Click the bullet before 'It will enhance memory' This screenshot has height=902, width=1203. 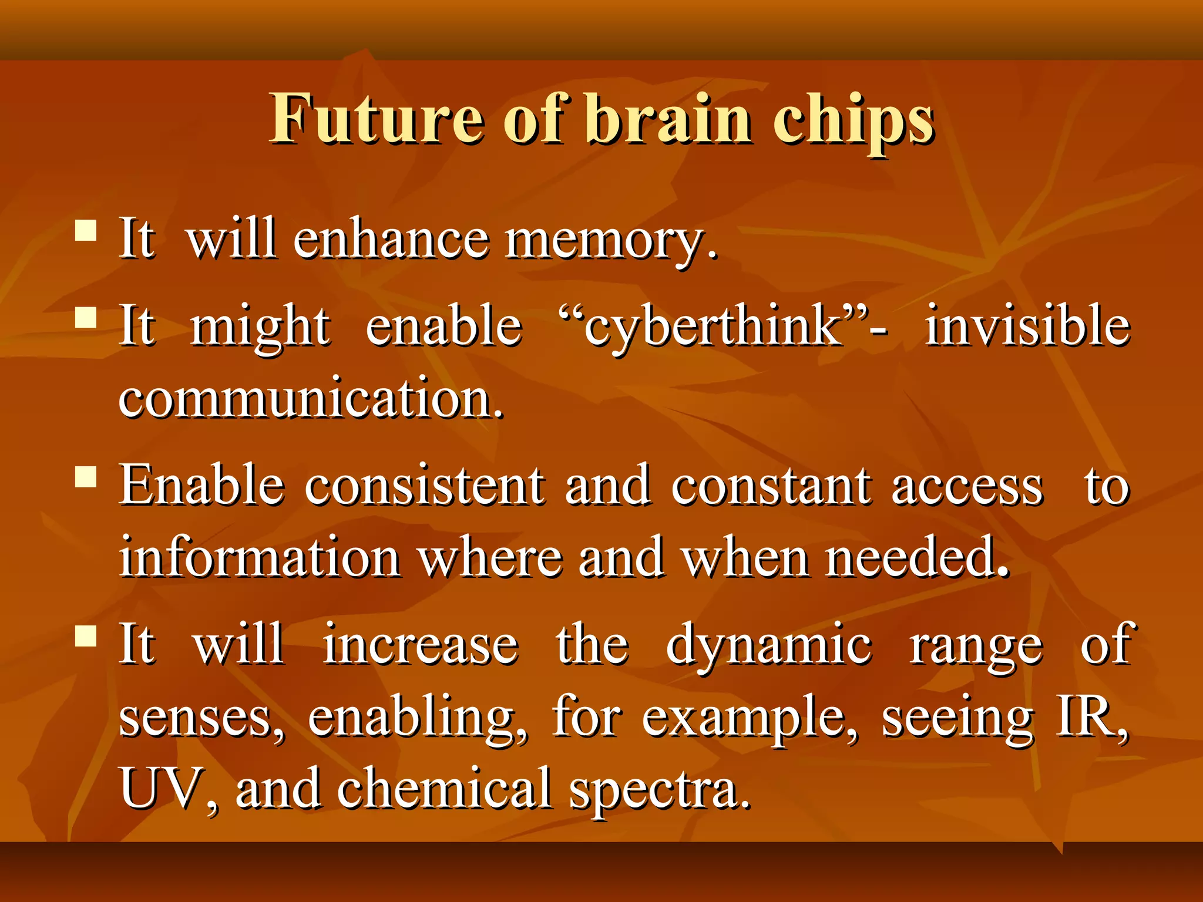86,230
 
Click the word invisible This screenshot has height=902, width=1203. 1027,326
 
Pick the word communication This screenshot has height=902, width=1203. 311,399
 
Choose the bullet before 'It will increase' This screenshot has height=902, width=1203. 86,635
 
